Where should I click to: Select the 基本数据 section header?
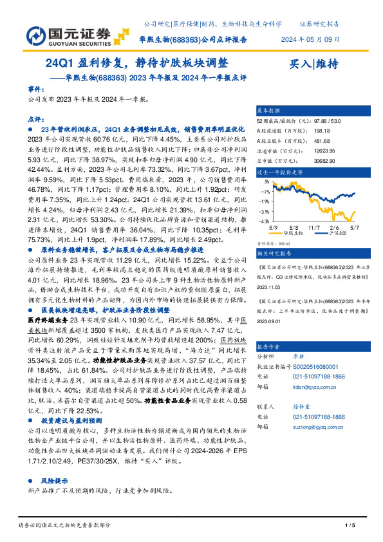268,110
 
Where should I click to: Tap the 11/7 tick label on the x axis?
314,227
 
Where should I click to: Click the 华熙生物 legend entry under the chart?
292,233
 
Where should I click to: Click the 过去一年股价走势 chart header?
279,173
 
